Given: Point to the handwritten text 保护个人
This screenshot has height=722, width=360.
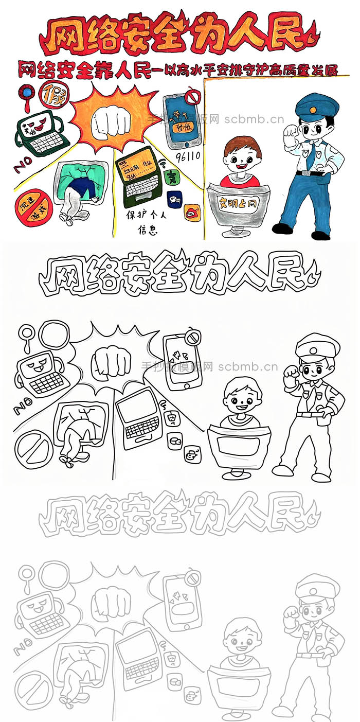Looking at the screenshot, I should point(143,215).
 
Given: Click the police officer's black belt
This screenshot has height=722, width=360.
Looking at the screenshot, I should point(310,173).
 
